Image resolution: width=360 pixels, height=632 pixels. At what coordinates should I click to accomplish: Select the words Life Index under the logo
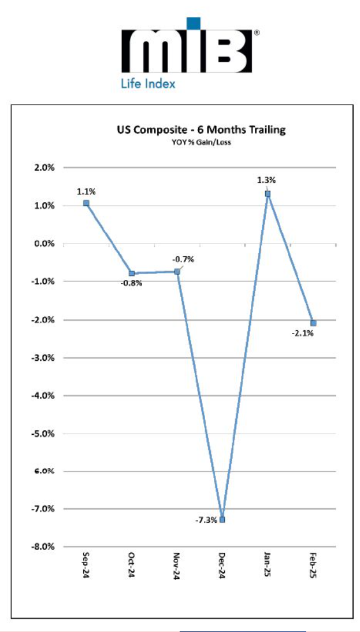click(147, 83)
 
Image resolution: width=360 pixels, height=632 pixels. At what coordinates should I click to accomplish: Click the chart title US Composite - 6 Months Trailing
click(199, 130)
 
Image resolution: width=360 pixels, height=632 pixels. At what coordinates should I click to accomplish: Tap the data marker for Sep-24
click(86, 203)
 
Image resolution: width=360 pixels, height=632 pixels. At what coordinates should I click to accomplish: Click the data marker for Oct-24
click(132, 273)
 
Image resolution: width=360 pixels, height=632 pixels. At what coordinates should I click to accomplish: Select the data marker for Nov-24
click(177, 271)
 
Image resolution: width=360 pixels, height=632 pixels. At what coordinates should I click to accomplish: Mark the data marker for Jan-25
click(268, 194)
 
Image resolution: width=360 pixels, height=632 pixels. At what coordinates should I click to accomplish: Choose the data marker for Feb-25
click(313, 323)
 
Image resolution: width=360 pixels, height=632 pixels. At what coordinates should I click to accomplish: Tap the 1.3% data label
click(266, 180)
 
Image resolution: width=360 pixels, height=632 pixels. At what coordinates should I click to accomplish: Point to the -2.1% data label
click(303, 333)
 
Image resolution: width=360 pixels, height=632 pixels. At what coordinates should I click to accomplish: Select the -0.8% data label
click(131, 283)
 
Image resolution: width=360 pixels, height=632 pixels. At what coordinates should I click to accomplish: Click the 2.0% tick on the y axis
click(43, 168)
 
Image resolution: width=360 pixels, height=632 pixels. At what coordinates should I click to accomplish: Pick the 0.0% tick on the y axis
click(43, 243)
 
